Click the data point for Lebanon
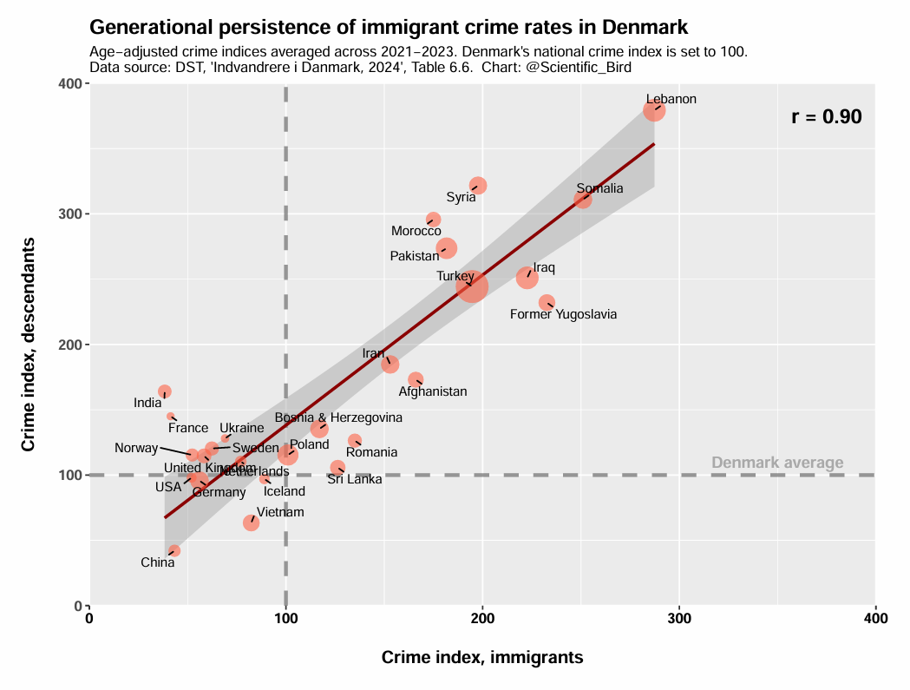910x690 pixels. click(x=654, y=110)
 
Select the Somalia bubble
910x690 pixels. click(x=583, y=200)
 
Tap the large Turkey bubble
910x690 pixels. click(x=472, y=286)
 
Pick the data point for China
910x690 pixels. click(x=174, y=550)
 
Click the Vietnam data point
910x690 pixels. click(x=251, y=522)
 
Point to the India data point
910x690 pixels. click(x=165, y=391)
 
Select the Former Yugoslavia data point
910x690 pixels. click(x=547, y=303)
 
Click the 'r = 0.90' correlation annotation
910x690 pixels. click(x=826, y=117)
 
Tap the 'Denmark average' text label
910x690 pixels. click(x=777, y=463)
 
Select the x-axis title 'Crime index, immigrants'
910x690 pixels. click(x=482, y=658)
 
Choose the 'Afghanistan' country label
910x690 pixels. click(x=432, y=391)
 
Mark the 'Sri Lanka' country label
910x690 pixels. click(x=354, y=479)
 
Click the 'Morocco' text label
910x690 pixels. click(x=416, y=231)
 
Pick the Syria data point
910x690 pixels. click(x=478, y=186)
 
